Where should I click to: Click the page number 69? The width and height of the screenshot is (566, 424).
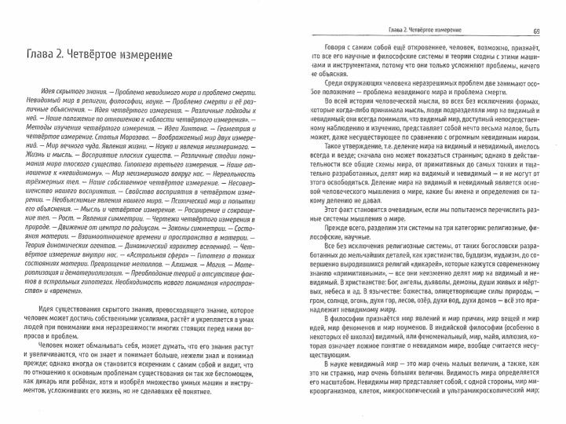(x=535, y=31)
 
